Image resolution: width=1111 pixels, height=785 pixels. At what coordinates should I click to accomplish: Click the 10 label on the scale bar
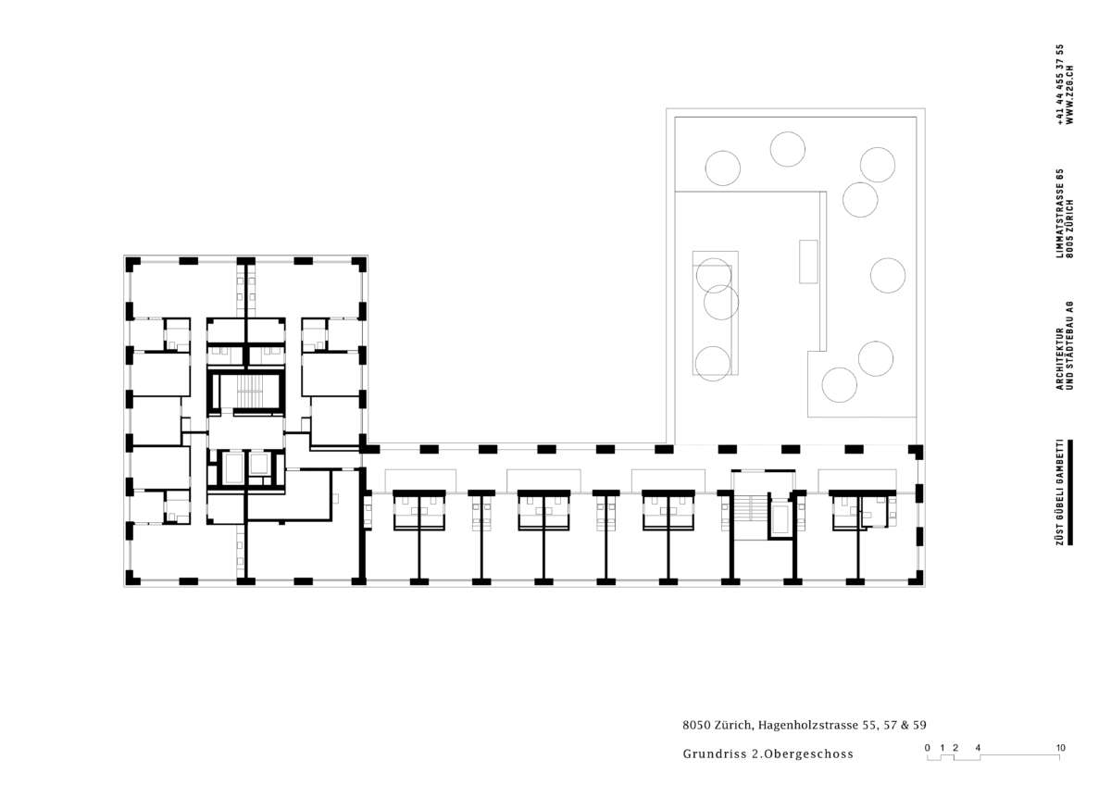[1060, 747]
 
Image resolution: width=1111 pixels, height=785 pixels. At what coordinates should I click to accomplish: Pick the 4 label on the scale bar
[978, 747]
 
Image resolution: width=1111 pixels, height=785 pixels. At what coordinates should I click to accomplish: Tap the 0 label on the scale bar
[928, 747]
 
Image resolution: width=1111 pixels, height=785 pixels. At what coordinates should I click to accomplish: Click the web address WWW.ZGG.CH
[1069, 94]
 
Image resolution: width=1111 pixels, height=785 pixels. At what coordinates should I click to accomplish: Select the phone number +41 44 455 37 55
[1060, 84]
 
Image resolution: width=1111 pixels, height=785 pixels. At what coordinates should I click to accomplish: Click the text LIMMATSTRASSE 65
[1060, 213]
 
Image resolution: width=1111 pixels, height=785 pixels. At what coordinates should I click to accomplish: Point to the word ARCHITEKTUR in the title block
[1060, 358]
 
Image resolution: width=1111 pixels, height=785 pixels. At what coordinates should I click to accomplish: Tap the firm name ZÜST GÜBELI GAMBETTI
[1060, 492]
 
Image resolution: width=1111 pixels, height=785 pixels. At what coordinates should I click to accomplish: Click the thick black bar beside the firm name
[1070, 492]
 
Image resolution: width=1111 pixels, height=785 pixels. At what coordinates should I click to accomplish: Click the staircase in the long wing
[749, 508]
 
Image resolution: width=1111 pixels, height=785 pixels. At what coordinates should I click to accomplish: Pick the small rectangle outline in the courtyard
[808, 261]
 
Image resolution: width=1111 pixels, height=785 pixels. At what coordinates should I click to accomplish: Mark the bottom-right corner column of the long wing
[916, 579]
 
